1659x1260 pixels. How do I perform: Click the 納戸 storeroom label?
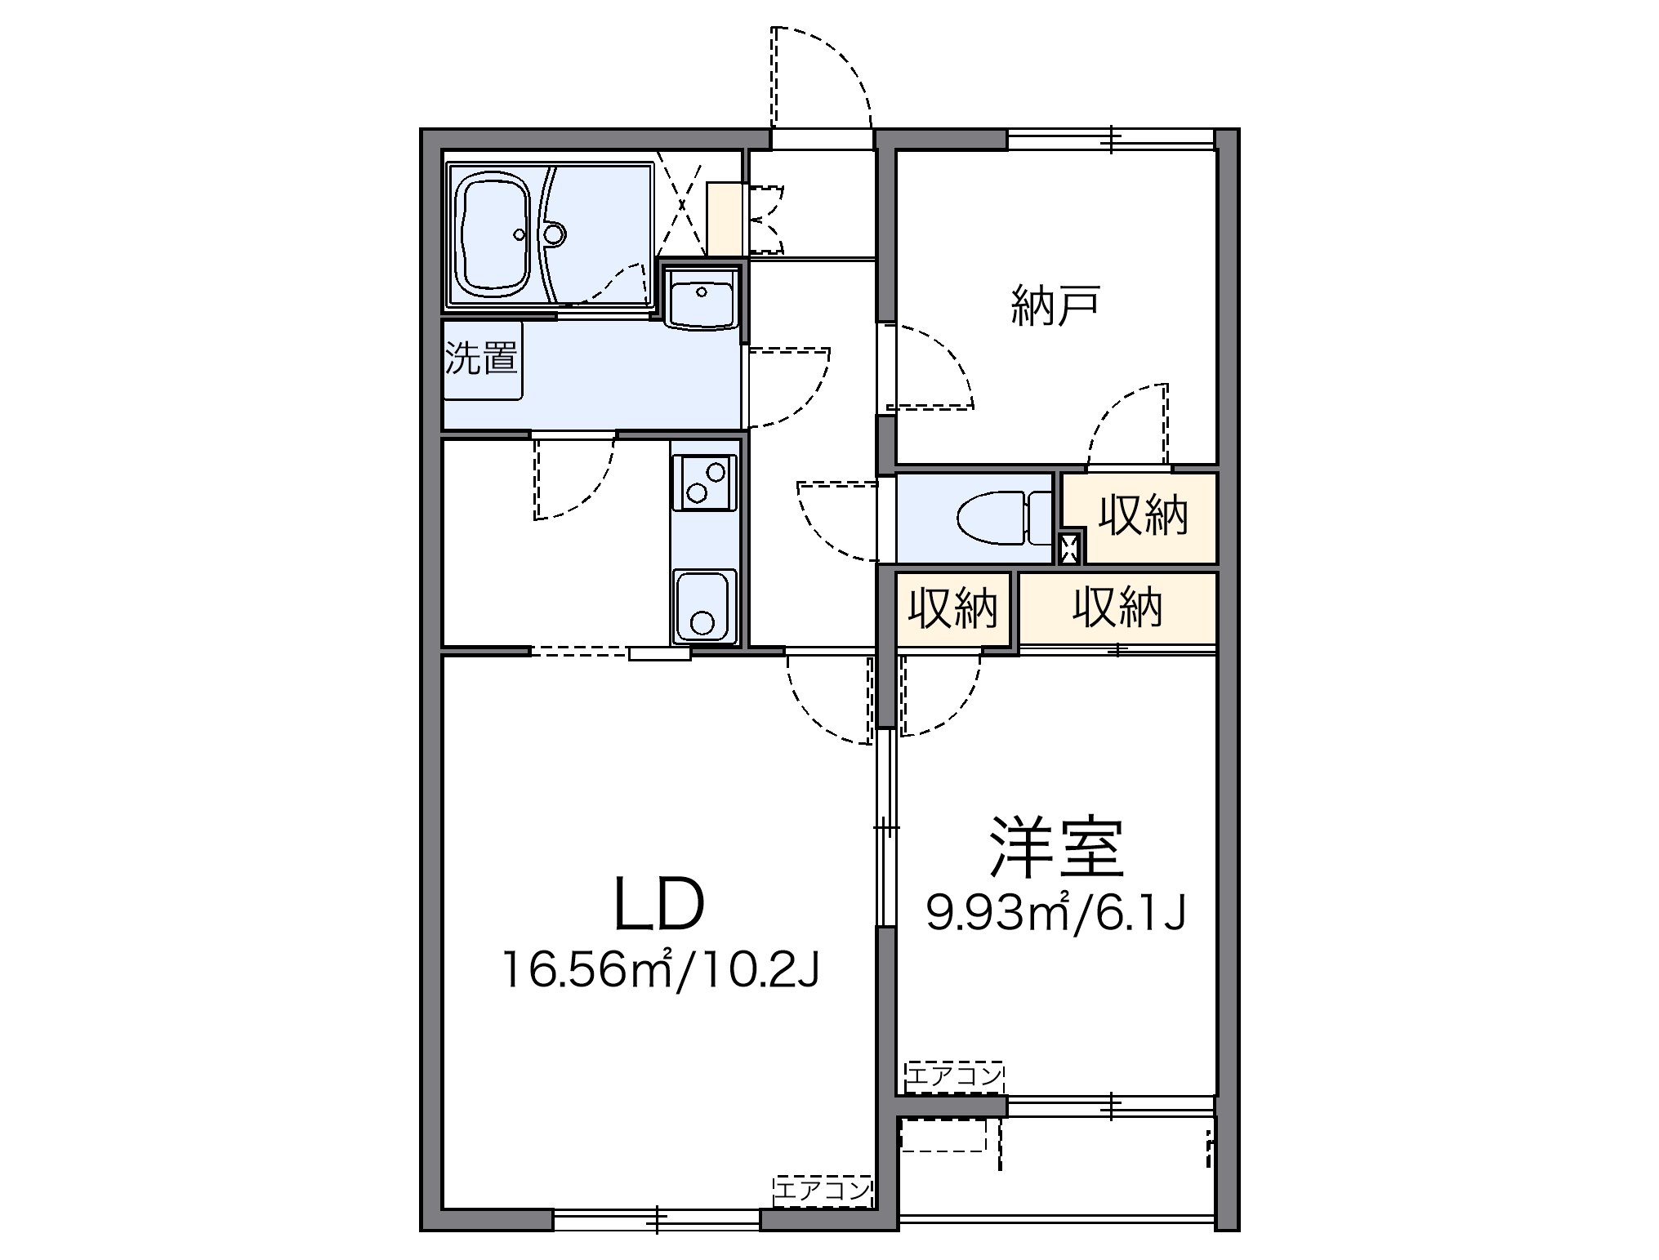(1056, 305)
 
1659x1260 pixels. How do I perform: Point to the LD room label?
(658, 904)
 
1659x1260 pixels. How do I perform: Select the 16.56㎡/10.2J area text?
(661, 970)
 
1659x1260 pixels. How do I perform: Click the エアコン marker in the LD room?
(823, 1191)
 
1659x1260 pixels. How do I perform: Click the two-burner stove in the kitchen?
(704, 483)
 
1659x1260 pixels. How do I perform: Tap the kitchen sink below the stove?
(704, 605)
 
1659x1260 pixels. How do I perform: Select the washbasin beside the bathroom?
(701, 298)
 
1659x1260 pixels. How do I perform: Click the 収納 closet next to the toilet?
(1141, 517)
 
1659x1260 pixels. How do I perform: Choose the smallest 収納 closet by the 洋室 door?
(953, 609)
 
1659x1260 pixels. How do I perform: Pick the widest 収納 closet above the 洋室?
(1117, 608)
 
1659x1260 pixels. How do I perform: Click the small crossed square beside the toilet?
(1068, 546)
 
